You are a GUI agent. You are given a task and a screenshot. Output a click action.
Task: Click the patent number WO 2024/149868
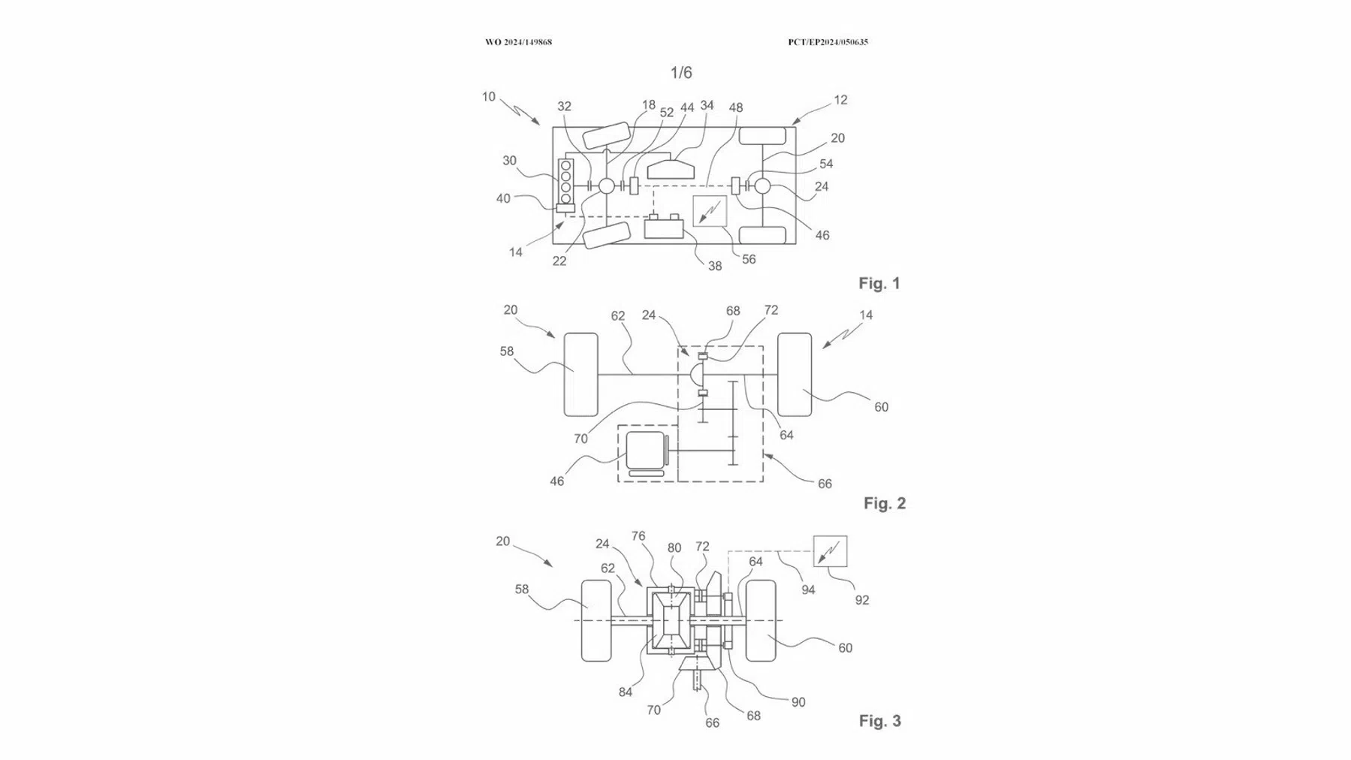518,42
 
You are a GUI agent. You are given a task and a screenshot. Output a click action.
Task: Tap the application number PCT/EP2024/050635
828,42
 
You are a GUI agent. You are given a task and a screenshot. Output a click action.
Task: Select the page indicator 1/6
681,73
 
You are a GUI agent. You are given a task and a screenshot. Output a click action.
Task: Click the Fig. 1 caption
879,283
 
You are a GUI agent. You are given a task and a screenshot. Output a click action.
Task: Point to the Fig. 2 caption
885,503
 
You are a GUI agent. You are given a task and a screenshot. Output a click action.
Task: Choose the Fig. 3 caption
879,721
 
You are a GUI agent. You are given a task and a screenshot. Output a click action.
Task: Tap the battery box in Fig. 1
664,227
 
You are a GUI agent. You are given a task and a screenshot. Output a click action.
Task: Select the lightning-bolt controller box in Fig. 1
710,211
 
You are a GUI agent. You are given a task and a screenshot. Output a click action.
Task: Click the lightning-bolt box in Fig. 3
831,551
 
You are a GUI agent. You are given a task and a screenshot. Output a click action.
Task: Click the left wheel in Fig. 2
581,374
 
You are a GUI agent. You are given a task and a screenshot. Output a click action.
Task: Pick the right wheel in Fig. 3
761,620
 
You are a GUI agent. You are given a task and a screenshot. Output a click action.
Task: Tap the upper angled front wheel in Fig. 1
606,134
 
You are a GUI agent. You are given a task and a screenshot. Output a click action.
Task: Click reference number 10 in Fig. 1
489,97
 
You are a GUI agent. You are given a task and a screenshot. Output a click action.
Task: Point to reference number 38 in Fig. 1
715,266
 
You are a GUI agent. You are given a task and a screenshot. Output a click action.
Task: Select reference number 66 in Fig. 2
825,484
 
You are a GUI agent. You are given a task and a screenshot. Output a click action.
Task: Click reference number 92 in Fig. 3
862,600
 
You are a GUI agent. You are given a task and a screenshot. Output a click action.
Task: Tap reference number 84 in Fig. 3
626,692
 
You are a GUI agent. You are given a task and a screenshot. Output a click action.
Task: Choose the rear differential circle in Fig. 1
763,185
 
